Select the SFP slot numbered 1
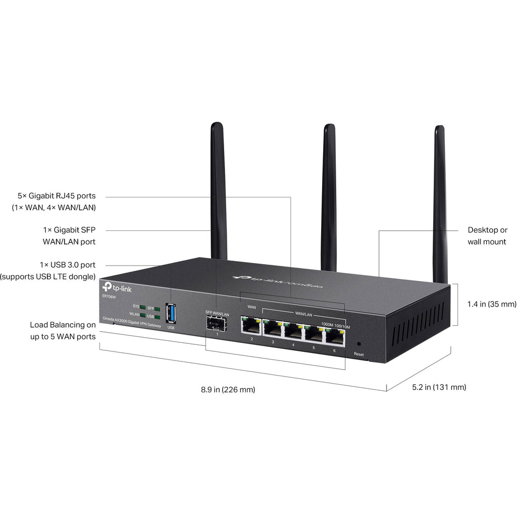pyautogui.click(x=217, y=323)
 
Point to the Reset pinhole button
pyautogui.click(x=358, y=343)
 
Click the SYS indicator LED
pyautogui.click(x=143, y=306)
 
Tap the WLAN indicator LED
pyautogui.click(x=143, y=315)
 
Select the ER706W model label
pyautogui.click(x=108, y=296)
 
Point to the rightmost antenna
pyautogui.click(x=440, y=202)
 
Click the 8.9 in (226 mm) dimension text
pyautogui.click(x=228, y=389)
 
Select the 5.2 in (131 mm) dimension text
pyautogui.click(x=439, y=387)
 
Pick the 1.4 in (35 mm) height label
pyautogui.click(x=492, y=304)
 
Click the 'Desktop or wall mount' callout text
pyautogui.click(x=487, y=236)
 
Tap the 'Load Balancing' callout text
pyautogui.click(x=63, y=331)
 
